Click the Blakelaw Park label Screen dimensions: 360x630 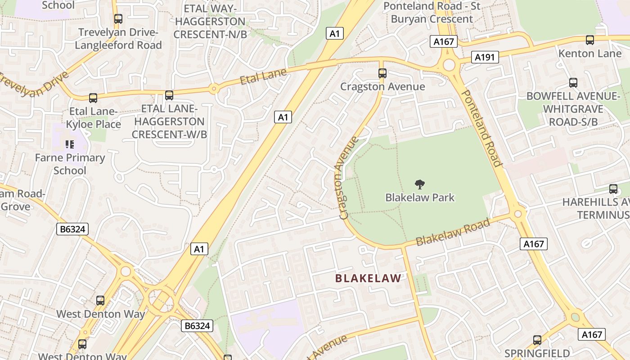pyautogui.click(x=420, y=198)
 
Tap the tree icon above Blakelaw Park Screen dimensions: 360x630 pyautogui.click(x=420, y=184)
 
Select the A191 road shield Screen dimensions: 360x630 pyautogui.click(x=485, y=57)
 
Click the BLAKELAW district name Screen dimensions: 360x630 pyautogui.click(x=368, y=279)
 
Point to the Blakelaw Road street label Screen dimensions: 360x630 pyautogui.click(x=453, y=232)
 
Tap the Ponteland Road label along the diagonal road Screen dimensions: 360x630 pyautogui.click(x=481, y=128)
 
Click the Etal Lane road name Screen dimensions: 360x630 pyautogui.click(x=263, y=76)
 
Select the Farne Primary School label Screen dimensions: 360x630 pyautogui.click(x=70, y=164)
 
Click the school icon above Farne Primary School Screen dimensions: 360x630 pyautogui.click(x=70, y=144)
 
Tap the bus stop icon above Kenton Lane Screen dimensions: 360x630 pyautogui.click(x=590, y=40)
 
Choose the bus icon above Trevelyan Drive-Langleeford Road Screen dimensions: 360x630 pyautogui.click(x=118, y=19)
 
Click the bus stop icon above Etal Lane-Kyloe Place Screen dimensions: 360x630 pyautogui.click(x=93, y=98)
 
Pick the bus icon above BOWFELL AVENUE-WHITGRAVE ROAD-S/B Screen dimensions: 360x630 pyautogui.click(x=573, y=83)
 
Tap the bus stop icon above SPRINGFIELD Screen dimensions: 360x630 pyautogui.click(x=537, y=340)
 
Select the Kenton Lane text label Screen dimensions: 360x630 pyautogui.click(x=589, y=54)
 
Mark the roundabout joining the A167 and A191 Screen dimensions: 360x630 pyautogui.click(x=449, y=65)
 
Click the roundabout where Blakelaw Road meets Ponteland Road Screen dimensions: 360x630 pyautogui.click(x=518, y=213)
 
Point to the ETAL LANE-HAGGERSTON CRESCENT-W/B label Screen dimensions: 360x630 pyautogui.click(x=169, y=121)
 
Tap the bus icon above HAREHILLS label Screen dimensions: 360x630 pyautogui.click(x=613, y=189)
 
